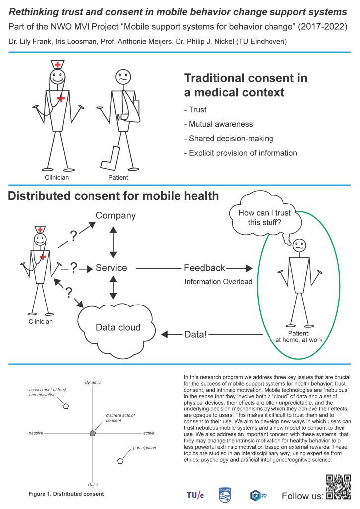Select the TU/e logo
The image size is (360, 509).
[195, 495]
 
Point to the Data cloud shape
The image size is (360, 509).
[117, 326]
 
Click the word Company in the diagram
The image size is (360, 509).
[115, 216]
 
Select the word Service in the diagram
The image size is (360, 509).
[111, 268]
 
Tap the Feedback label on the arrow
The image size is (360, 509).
[204, 268]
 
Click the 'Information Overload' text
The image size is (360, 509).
[218, 282]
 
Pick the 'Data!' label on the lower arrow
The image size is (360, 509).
[195, 335]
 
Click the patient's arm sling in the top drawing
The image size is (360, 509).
[129, 112]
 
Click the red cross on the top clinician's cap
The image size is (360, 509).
[58, 65]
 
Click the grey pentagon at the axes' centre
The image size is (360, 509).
[93, 433]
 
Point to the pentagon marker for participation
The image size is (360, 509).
[120, 461]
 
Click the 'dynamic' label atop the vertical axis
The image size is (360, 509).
[93, 382]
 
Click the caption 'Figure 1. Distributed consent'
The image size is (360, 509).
[66, 494]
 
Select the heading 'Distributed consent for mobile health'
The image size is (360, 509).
[113, 196]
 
